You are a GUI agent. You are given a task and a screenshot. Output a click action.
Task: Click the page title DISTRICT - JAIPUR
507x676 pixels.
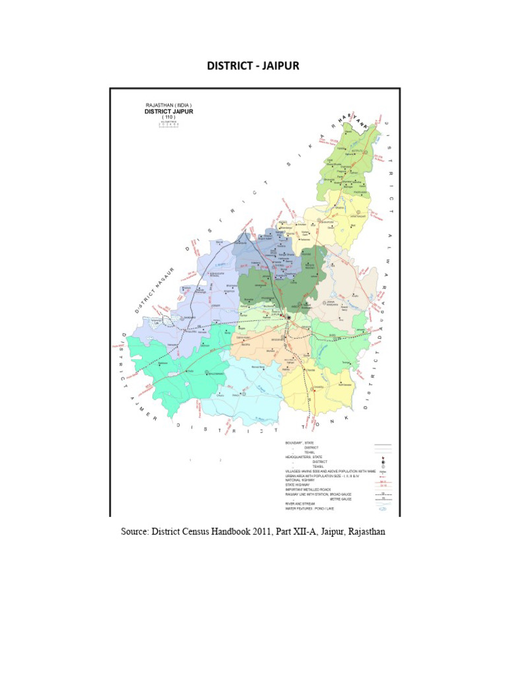point(253,67)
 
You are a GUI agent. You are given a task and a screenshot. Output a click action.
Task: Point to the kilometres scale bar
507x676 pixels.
point(168,125)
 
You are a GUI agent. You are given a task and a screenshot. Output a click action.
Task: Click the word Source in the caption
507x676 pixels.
point(135,531)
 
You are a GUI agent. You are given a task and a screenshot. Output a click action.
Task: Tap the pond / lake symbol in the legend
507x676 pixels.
point(382,509)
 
